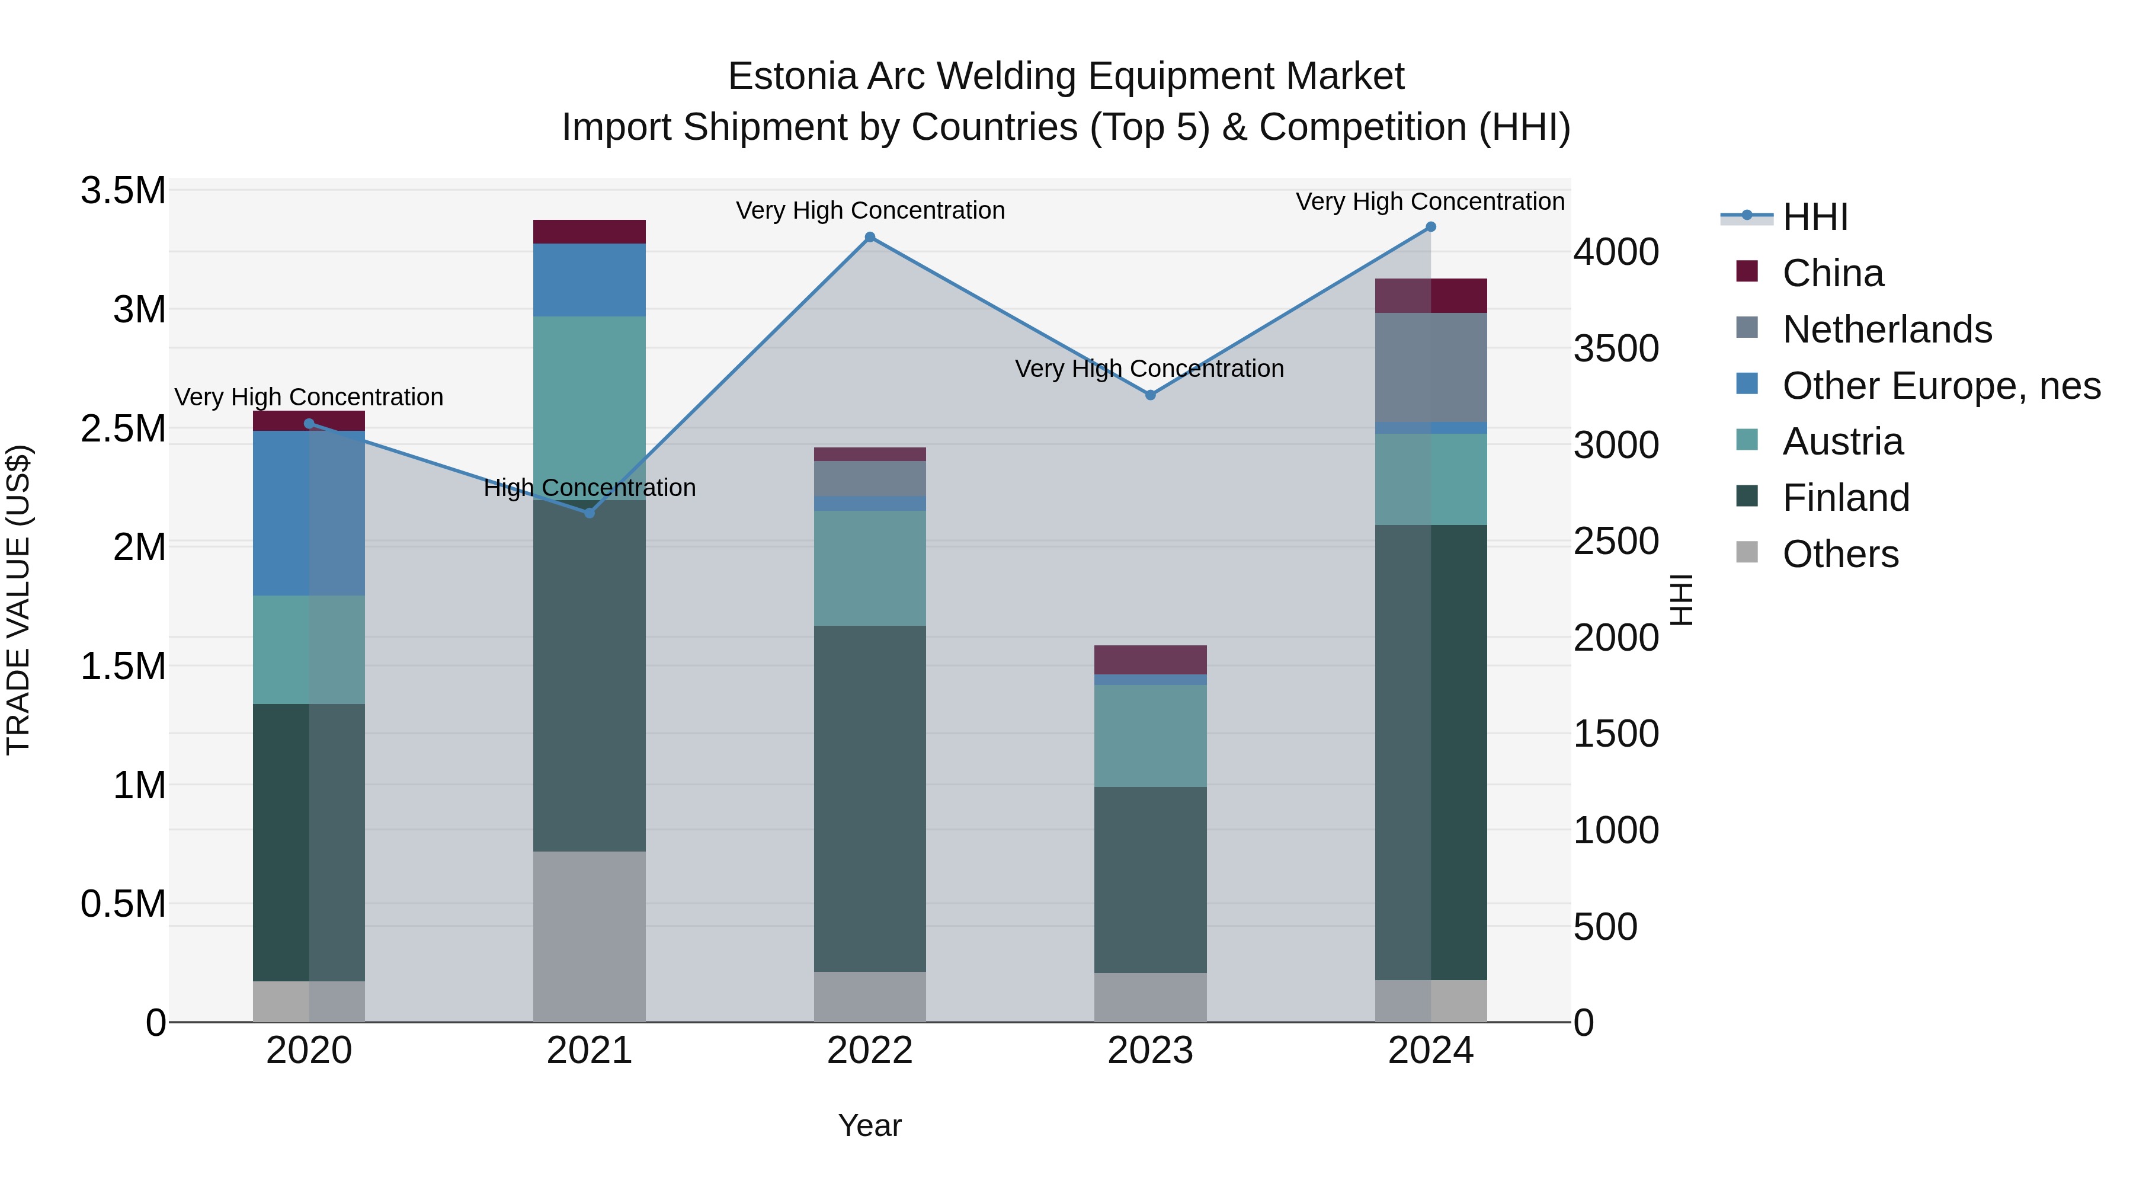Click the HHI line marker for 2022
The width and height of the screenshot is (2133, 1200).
coord(869,238)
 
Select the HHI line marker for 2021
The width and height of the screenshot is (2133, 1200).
coord(590,513)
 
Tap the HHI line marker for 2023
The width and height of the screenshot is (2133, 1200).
coord(1150,395)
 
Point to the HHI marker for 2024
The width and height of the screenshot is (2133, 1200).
coord(1430,227)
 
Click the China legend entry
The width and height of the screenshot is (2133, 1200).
coord(1833,273)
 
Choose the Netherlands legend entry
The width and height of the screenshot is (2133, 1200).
coord(1887,329)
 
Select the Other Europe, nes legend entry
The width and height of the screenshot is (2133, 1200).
coord(1941,386)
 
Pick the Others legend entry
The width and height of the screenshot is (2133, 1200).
coord(1840,554)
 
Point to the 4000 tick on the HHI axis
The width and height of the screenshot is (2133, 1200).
coord(1616,252)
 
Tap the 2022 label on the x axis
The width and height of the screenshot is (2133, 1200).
coord(869,1051)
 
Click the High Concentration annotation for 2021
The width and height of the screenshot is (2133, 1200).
coord(590,488)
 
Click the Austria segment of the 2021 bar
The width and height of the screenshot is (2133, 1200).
coord(590,398)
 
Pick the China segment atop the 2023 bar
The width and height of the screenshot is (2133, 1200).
coord(1150,659)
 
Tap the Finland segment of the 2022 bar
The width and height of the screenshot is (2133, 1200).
coord(869,798)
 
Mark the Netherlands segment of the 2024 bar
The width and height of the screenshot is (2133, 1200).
coord(1430,367)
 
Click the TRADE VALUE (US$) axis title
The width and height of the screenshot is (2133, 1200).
coord(18,600)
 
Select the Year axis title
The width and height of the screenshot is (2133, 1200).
coord(869,1125)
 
